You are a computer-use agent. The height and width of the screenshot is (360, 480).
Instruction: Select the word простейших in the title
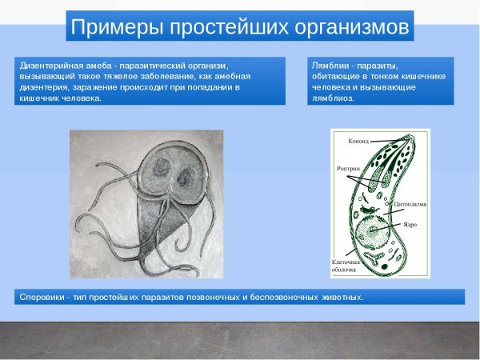coord(222,27)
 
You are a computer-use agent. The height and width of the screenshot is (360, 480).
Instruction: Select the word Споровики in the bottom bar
coord(41,297)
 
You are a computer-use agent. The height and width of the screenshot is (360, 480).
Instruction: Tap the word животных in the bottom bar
coord(337,297)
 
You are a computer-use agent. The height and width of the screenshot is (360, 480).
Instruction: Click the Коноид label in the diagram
coord(358,141)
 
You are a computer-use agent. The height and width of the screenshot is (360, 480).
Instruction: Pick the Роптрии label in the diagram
coord(350,170)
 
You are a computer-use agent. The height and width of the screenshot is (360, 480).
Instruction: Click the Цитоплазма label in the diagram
coord(410,205)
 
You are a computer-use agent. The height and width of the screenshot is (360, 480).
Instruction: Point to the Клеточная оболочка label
coord(346,266)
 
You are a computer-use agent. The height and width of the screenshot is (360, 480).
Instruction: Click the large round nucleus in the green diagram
coord(372,232)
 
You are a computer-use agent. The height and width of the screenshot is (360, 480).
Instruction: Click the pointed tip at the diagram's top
coord(414,134)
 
